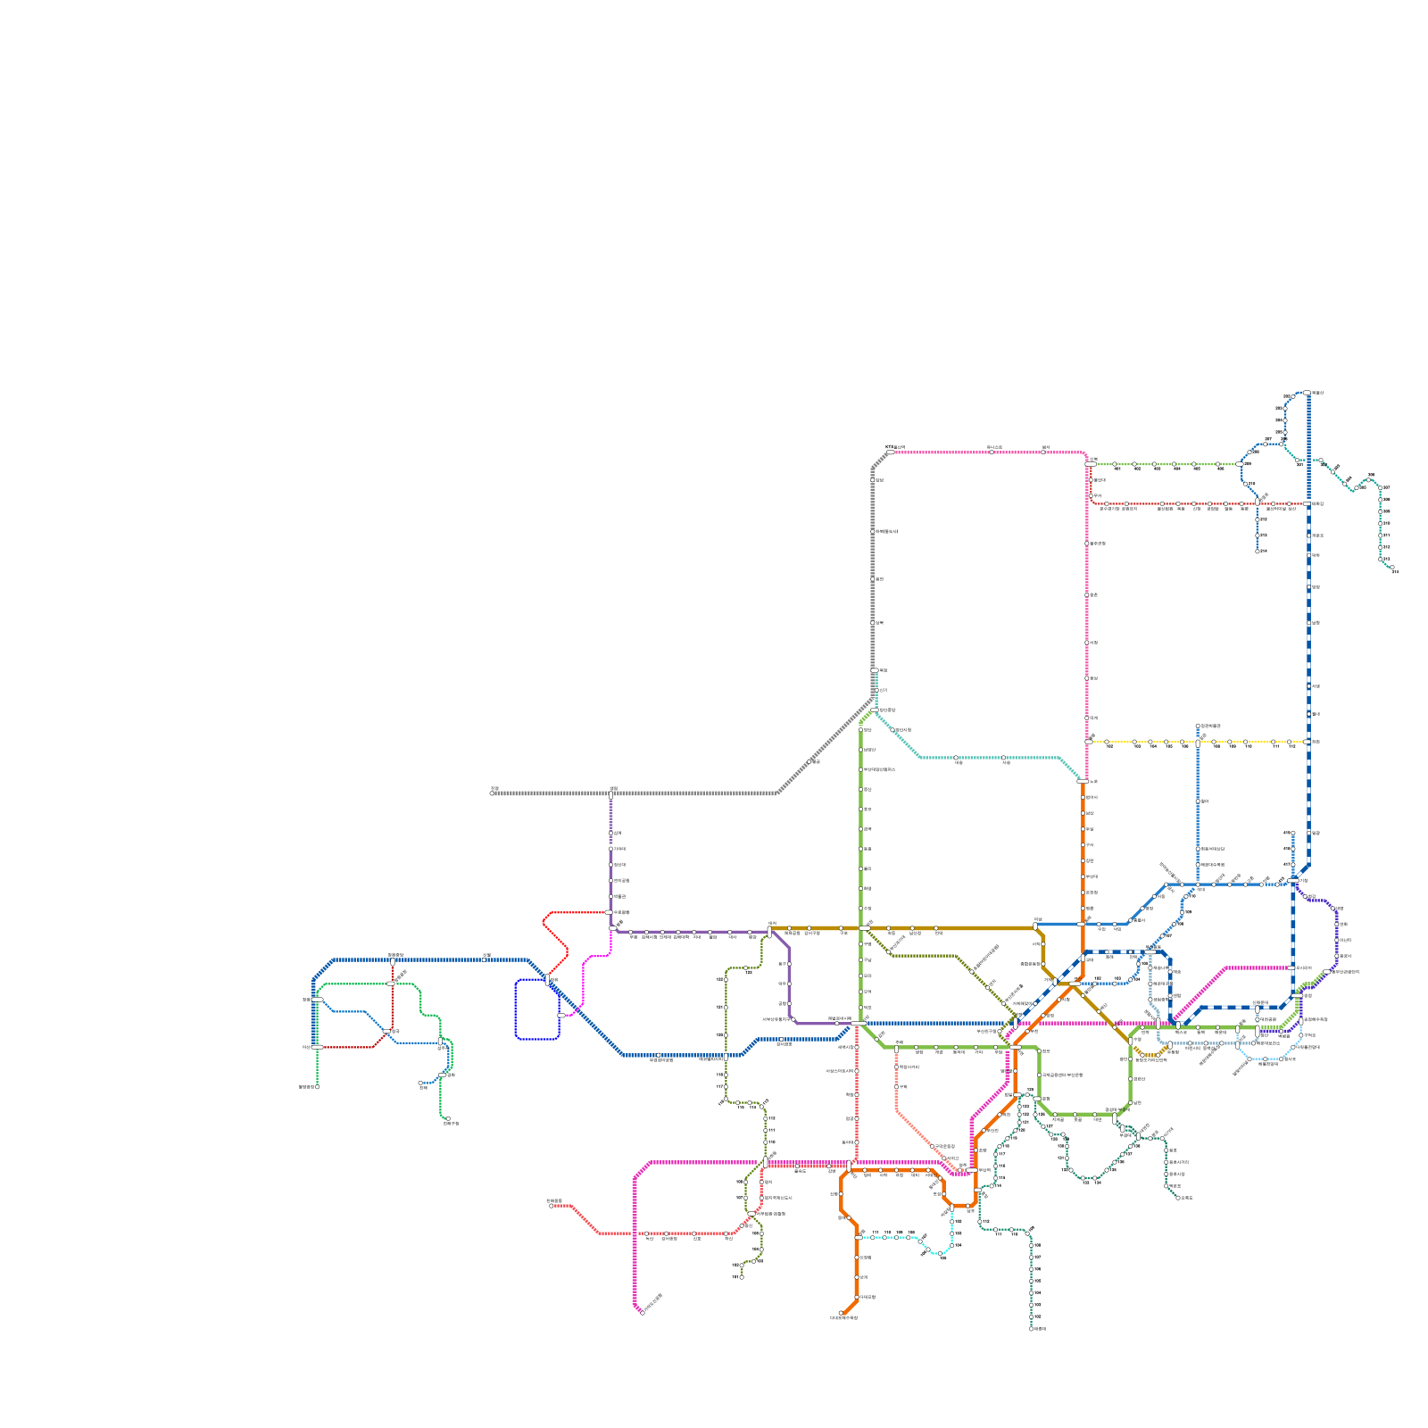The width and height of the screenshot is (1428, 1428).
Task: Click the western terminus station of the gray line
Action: (x=493, y=793)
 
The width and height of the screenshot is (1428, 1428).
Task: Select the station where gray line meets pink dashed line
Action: (x=890, y=452)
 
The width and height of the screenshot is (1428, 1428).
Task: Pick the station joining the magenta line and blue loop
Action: (x=560, y=1016)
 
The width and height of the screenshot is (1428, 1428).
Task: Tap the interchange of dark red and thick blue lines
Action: (x=392, y=960)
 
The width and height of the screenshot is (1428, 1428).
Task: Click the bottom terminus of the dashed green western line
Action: (x=317, y=1086)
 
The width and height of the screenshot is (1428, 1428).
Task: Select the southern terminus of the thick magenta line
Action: (x=642, y=1312)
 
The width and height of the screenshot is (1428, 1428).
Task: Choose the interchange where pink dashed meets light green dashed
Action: (x=1090, y=464)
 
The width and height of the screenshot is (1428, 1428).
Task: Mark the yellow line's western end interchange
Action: (x=1088, y=742)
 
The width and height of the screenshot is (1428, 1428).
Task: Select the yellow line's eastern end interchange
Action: (x=1308, y=742)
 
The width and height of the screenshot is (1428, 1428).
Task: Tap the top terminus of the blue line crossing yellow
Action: (x=1198, y=726)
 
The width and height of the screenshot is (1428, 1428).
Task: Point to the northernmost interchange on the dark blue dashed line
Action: (x=1308, y=393)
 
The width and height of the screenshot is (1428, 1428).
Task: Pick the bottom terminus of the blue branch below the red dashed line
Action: (x=1258, y=552)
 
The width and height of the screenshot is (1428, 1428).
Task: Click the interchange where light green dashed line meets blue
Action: (x=1241, y=464)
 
